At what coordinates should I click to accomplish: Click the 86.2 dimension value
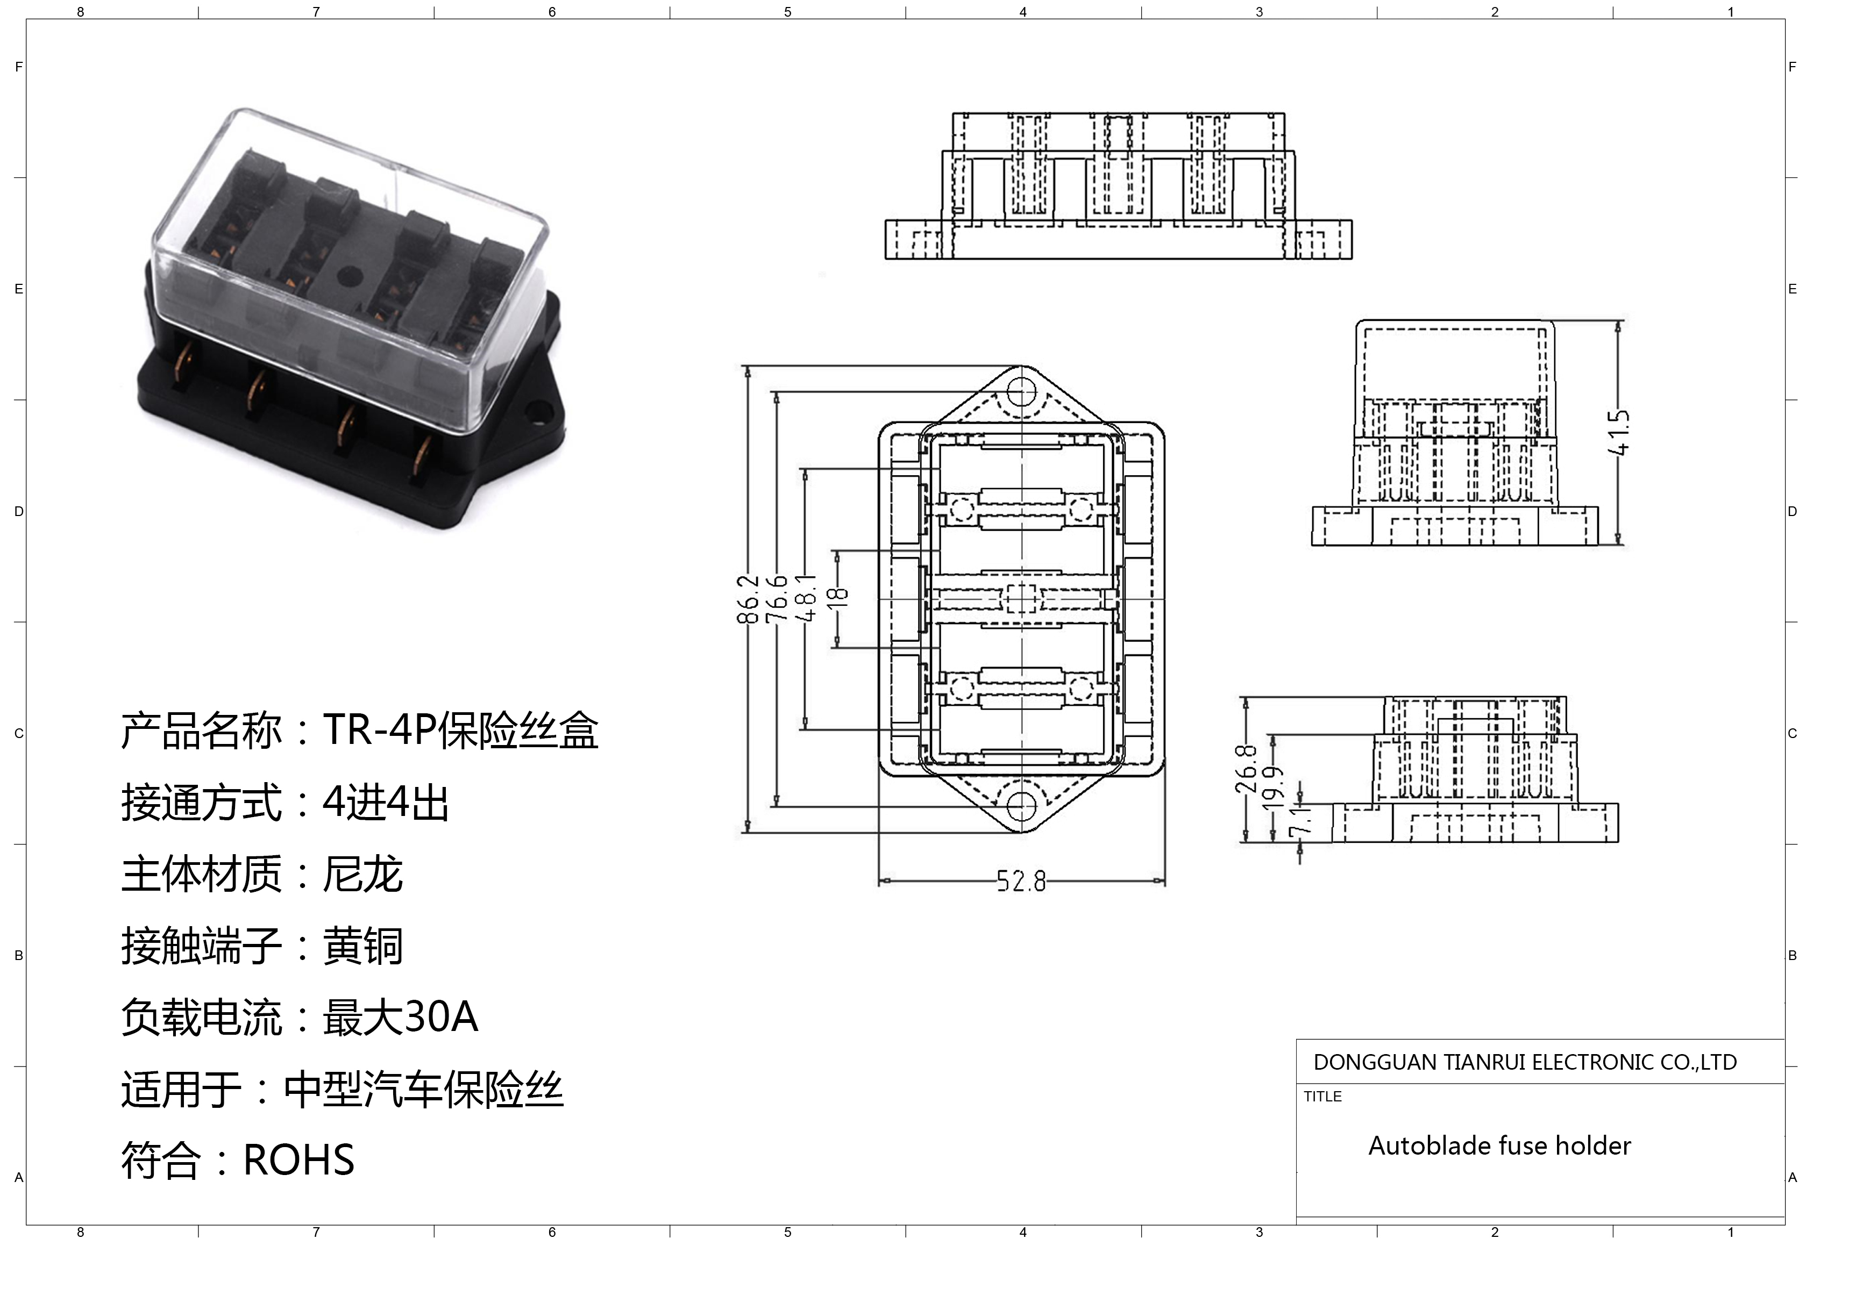748,599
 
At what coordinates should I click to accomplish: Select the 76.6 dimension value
776,599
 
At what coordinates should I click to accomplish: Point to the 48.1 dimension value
805,599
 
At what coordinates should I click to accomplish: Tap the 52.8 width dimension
1021,882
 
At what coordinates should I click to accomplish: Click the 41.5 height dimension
1619,432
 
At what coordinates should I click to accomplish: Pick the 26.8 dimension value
1245,769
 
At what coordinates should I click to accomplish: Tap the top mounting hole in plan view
1021,393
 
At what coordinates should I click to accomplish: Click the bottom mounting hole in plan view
1021,805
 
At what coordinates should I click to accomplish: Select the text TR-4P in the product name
379,731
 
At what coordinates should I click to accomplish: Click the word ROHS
299,1160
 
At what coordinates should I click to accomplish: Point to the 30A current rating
440,1017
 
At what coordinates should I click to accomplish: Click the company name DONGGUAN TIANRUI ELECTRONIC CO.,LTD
1525,1063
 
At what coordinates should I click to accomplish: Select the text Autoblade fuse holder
1499,1145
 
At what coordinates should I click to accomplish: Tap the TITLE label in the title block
1323,1097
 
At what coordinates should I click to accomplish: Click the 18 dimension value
837,597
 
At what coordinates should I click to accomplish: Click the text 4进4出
386,803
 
